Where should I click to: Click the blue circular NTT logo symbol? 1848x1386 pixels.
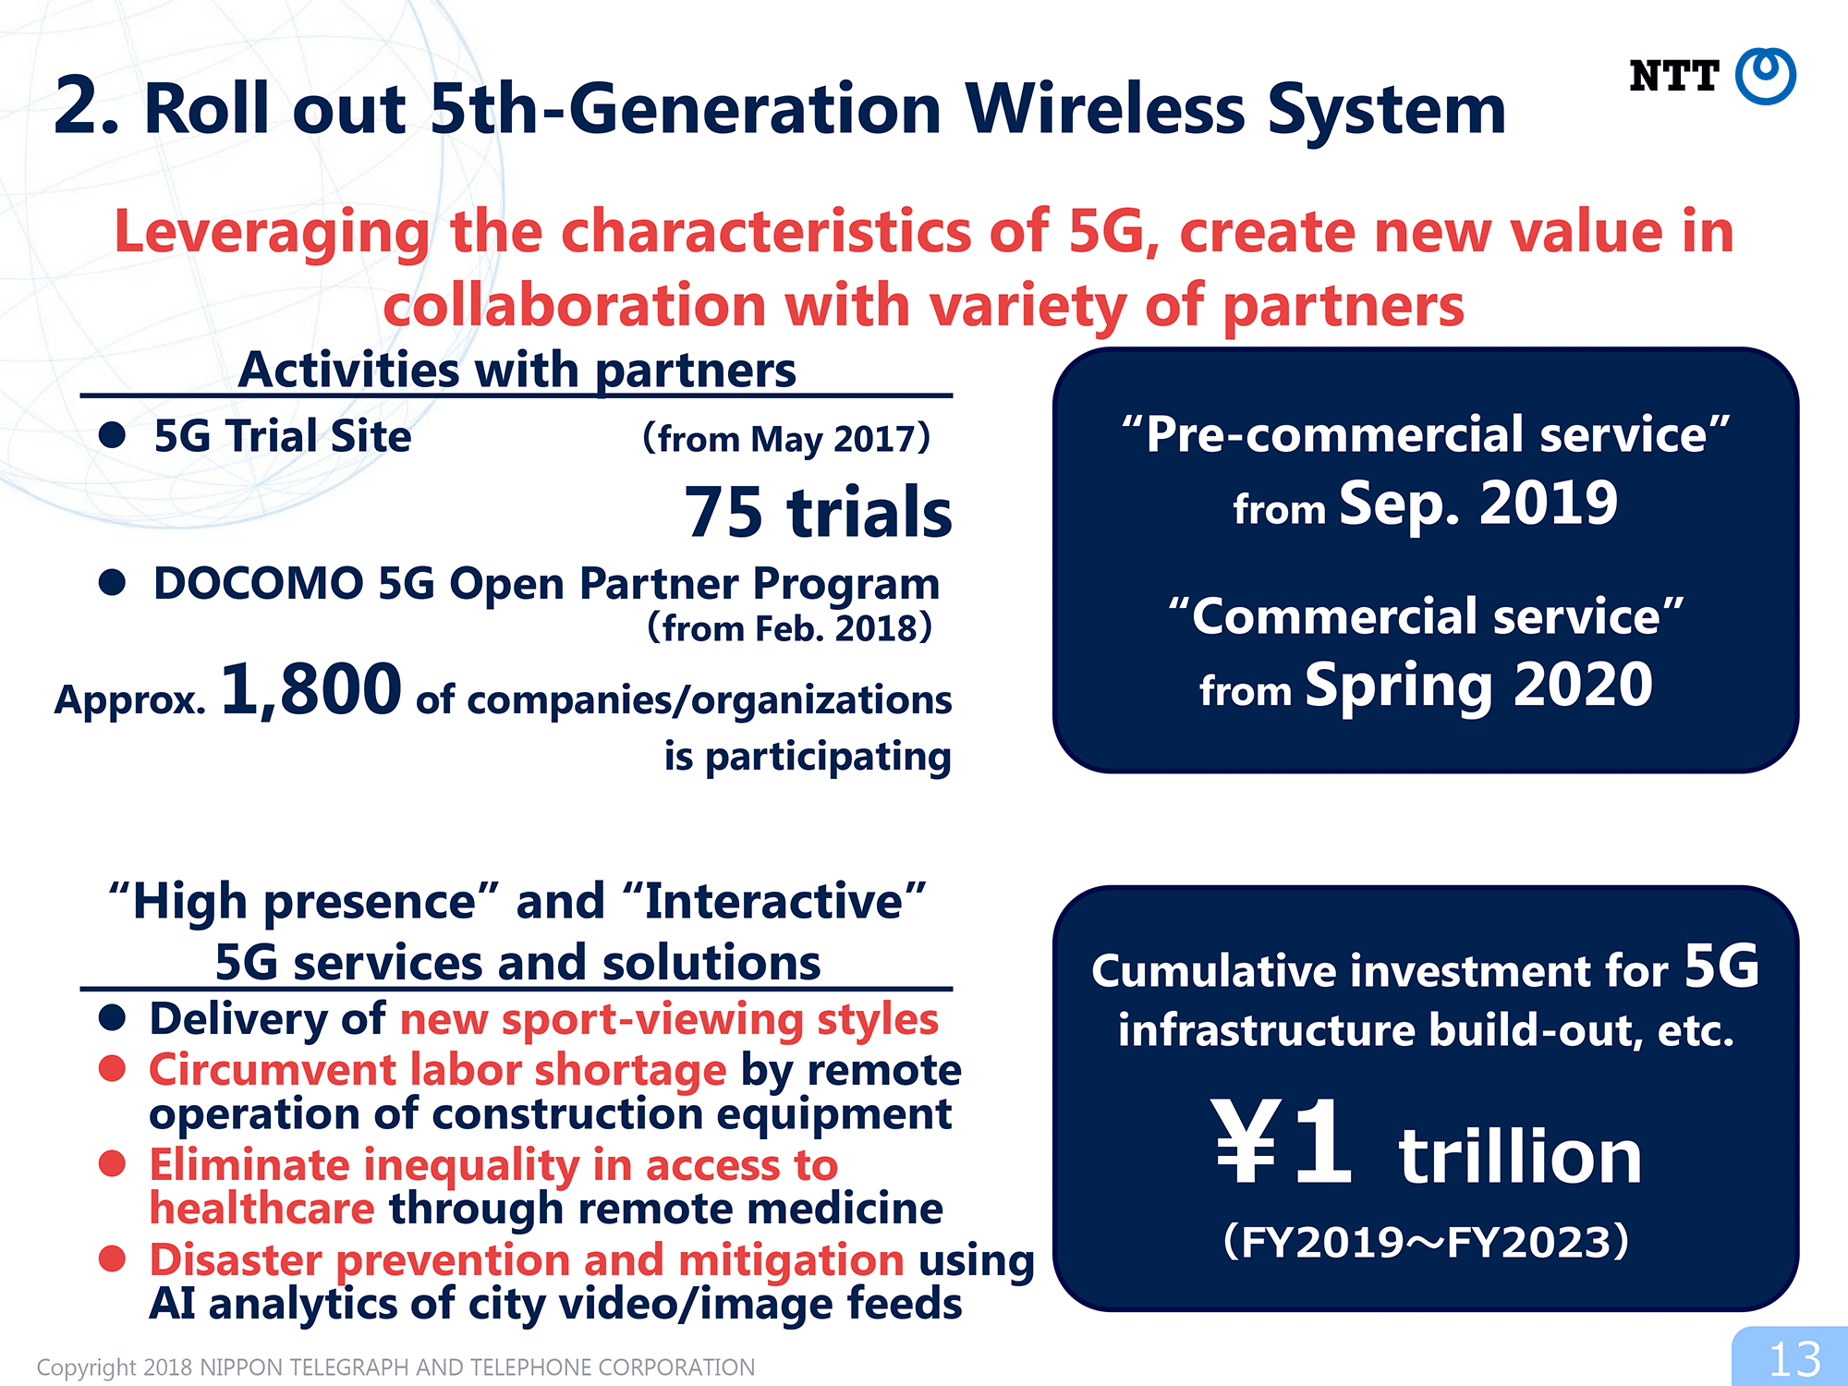coord(1765,76)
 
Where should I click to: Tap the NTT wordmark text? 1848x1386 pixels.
coord(1673,76)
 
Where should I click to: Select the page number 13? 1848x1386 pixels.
coord(1794,1359)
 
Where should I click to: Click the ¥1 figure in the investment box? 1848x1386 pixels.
coord(1283,1143)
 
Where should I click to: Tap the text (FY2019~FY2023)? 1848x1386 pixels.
coord(1426,1241)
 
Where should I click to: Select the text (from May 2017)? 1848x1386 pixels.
coord(786,439)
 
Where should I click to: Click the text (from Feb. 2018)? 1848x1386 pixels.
coord(789,628)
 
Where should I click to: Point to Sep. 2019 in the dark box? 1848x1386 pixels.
coord(1478,505)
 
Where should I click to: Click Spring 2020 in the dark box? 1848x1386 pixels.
coord(1478,687)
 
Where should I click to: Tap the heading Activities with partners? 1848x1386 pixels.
coord(517,371)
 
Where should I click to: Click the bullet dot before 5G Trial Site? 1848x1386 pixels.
coord(112,435)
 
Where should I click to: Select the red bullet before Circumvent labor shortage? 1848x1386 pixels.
coord(112,1068)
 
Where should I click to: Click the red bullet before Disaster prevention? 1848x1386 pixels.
coord(112,1258)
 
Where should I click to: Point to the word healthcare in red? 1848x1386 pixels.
coord(262,1209)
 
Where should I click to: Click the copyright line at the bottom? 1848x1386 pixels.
coord(395,1368)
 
